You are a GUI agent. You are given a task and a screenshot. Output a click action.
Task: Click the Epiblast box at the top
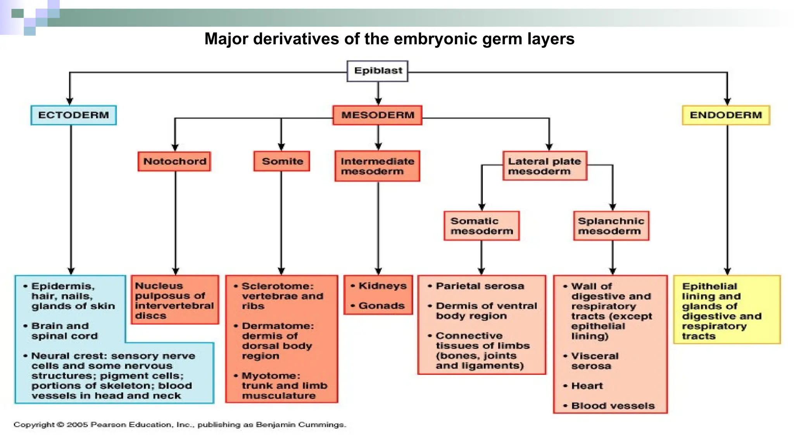378,71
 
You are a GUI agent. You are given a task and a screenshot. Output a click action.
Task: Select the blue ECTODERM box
73,115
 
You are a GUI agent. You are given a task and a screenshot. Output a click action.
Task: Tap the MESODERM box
378,115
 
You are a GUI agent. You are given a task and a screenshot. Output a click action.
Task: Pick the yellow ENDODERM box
726,115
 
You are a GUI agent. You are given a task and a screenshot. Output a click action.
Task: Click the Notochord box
174,161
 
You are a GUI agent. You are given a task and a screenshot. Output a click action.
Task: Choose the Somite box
282,161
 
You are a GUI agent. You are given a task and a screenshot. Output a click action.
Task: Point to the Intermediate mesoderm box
377,166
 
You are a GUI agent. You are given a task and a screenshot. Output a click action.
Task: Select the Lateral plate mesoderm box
544,166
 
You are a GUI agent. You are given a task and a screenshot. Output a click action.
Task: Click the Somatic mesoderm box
482,226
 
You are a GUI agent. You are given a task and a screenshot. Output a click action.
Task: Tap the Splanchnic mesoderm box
611,226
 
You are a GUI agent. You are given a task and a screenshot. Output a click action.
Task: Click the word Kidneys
382,286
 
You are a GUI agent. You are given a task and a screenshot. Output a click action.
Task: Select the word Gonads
381,306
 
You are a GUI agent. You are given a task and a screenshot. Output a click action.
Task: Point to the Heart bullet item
587,386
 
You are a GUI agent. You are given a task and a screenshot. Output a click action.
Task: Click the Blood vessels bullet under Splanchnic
613,406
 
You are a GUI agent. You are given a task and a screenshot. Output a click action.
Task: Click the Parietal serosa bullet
480,286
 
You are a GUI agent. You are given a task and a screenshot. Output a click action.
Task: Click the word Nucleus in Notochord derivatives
159,286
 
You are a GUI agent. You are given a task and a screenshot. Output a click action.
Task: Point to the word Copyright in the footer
34,424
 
